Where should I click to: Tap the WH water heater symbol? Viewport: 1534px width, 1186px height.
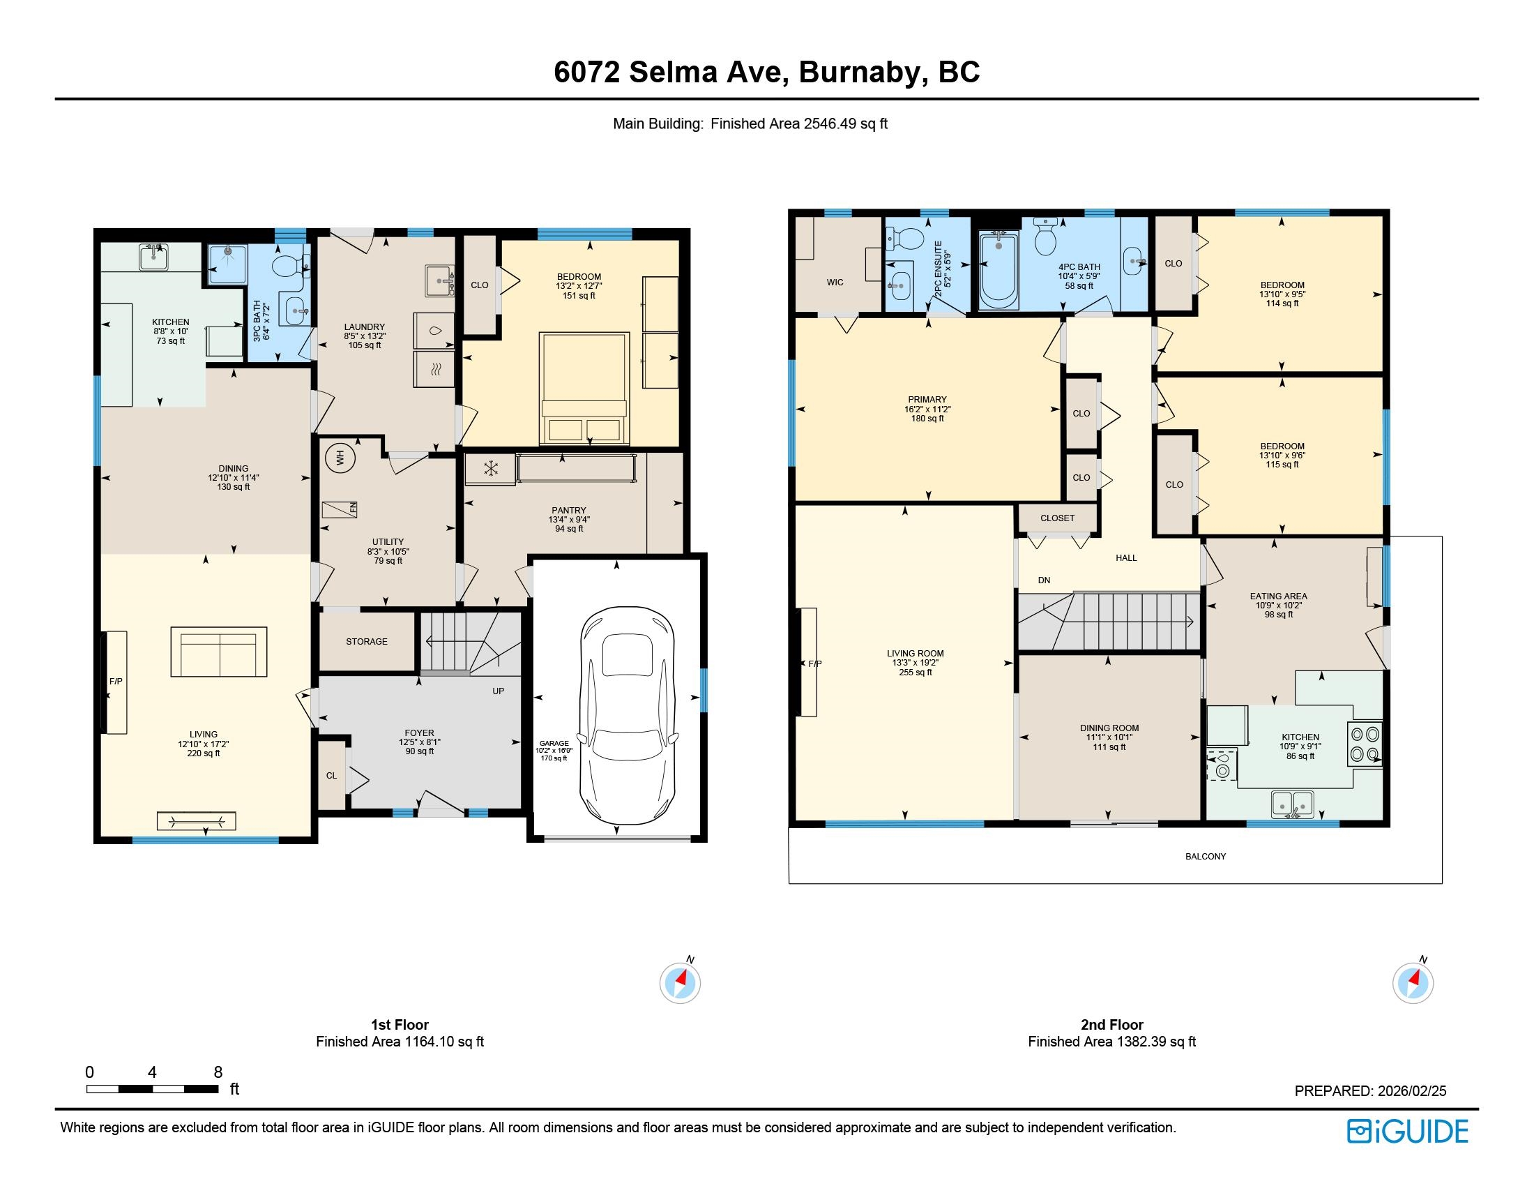coord(341,458)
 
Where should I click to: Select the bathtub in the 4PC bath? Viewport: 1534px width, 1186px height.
coord(998,270)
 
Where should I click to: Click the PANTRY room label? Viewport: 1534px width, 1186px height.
coord(569,510)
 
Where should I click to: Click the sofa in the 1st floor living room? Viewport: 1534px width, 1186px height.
coord(218,652)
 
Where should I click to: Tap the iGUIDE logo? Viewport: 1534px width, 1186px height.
coord(1408,1131)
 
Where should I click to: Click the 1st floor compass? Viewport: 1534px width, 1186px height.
coord(680,982)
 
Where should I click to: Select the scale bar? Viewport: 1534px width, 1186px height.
coord(153,1089)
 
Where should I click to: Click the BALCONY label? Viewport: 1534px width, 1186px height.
coord(1206,857)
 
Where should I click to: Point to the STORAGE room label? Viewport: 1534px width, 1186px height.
coord(367,641)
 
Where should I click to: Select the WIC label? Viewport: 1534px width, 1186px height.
coord(835,283)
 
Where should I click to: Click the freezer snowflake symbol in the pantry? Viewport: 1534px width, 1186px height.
coord(490,469)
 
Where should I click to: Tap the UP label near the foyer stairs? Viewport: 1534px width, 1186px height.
coord(498,691)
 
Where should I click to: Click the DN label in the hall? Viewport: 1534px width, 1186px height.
coord(1045,580)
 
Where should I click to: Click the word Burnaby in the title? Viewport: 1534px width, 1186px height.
coord(860,72)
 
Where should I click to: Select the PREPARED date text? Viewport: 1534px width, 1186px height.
coord(1370,1091)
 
